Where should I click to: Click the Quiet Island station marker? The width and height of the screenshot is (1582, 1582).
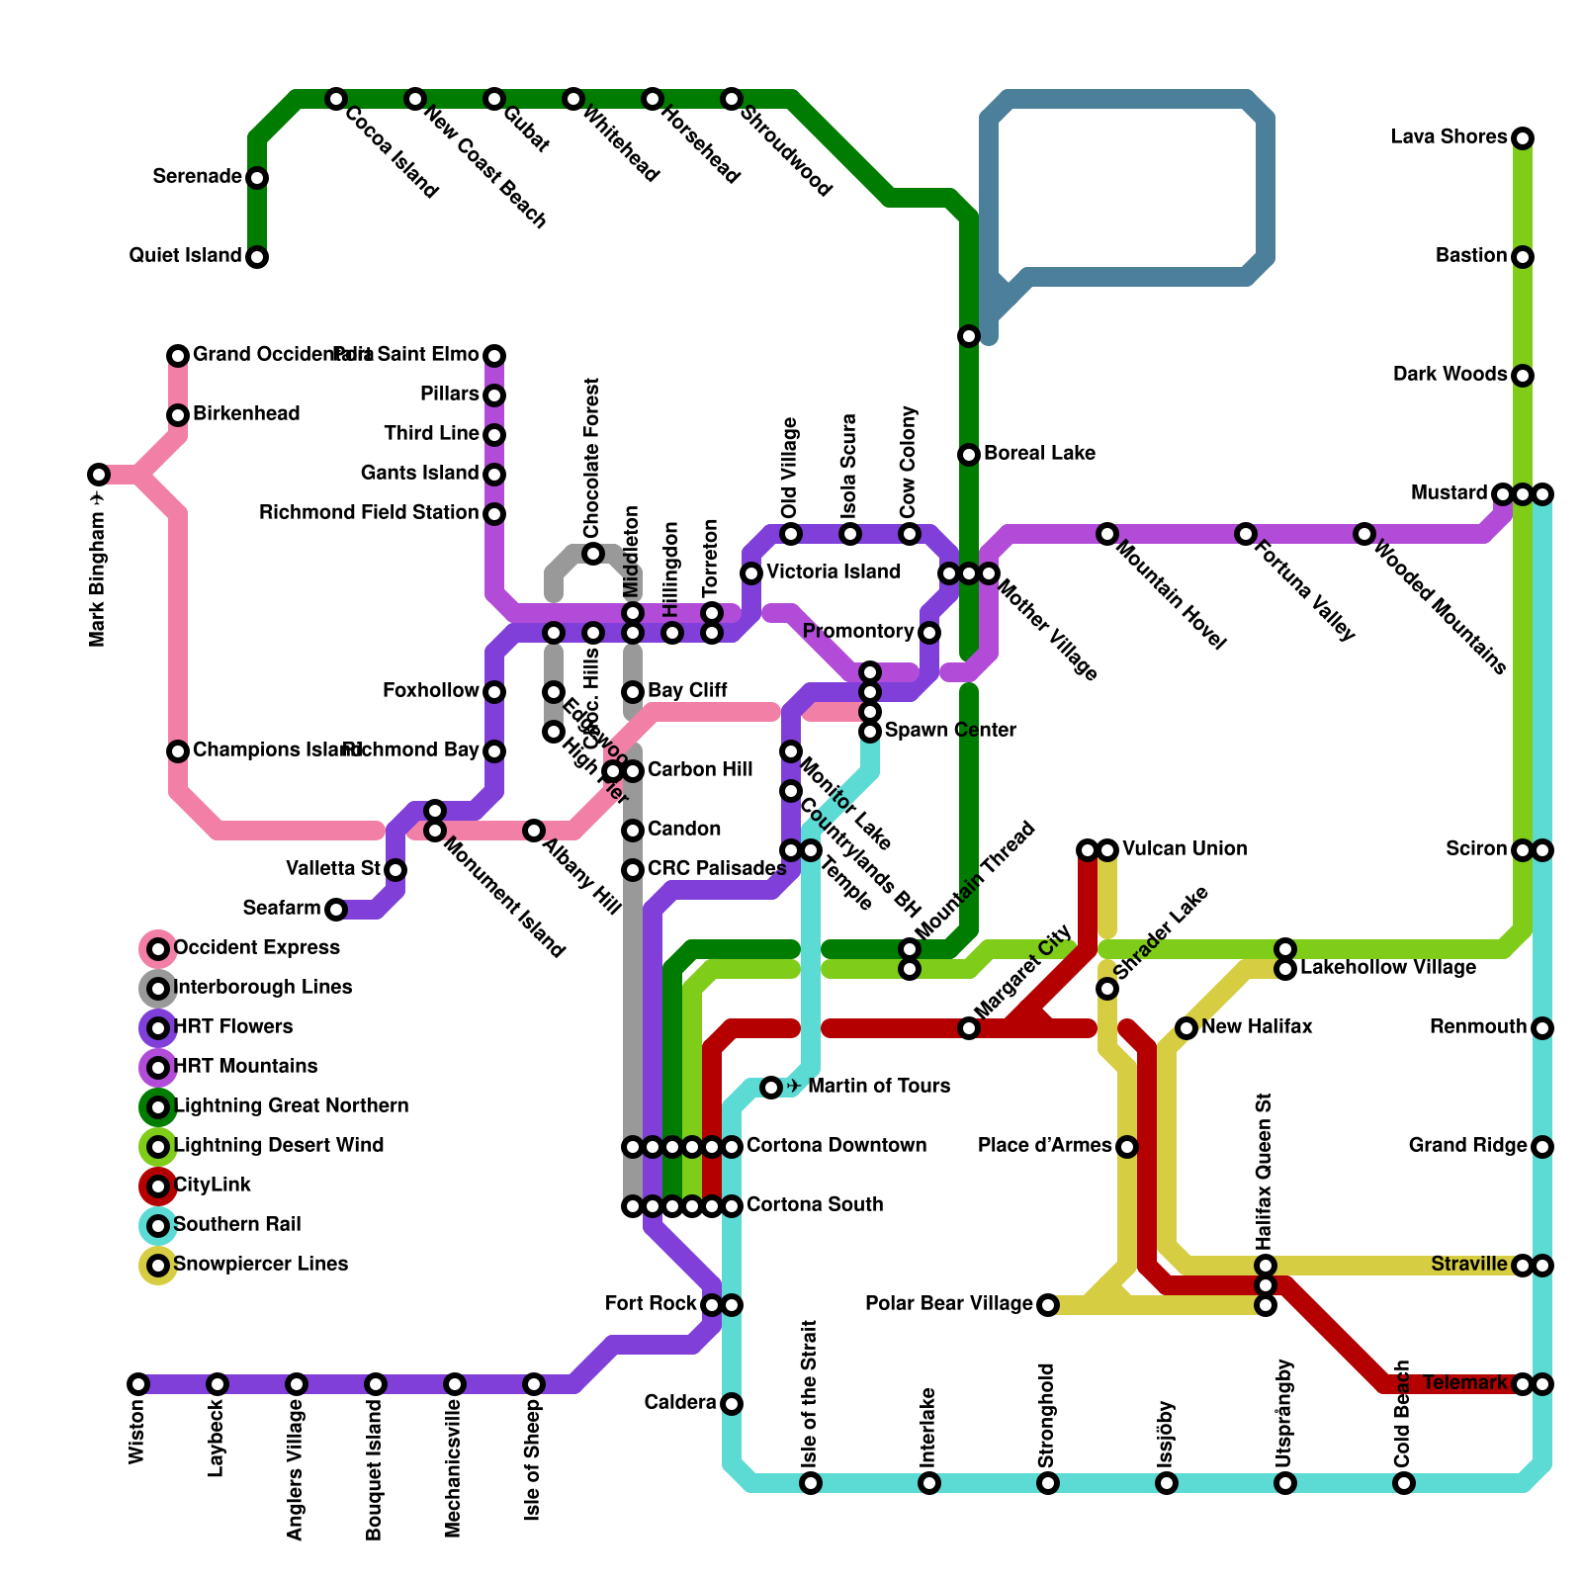tap(257, 257)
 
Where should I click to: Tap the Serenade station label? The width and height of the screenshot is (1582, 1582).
tap(198, 177)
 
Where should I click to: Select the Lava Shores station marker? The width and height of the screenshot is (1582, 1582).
tap(1523, 138)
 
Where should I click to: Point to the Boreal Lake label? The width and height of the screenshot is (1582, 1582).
tap(1039, 454)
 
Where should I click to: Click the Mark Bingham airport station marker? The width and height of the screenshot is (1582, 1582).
tap(99, 475)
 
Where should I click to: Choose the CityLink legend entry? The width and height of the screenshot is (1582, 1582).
tap(212, 1185)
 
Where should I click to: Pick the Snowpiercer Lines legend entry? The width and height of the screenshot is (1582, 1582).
tap(260, 1264)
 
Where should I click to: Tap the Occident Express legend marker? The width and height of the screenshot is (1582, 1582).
tap(158, 949)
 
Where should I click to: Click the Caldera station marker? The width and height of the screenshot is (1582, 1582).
tap(732, 1404)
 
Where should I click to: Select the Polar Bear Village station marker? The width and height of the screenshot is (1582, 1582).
tap(1048, 1305)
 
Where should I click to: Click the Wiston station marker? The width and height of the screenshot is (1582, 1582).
tap(138, 1384)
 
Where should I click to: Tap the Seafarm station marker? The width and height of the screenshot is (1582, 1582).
tap(336, 910)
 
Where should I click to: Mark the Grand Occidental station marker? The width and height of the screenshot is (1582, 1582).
tap(178, 356)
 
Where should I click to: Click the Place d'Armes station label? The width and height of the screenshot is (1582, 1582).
tap(1044, 1146)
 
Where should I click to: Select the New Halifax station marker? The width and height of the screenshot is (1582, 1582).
tap(1186, 1028)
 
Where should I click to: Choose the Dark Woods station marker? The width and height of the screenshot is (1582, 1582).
tap(1523, 376)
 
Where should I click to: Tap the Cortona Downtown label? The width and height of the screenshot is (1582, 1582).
tap(836, 1146)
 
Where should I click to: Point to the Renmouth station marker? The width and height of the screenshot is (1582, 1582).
tap(1542, 1028)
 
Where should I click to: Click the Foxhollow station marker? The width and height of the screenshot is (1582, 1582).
tap(494, 692)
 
